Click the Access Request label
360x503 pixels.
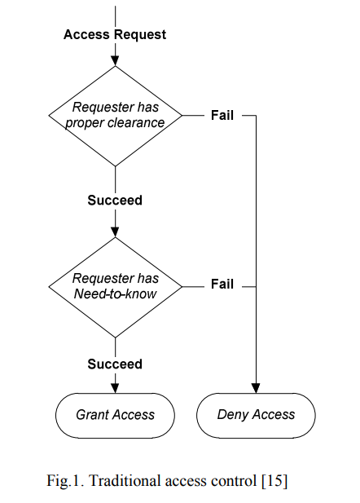pyautogui.click(x=115, y=34)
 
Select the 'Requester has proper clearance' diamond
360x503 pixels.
pyautogui.click(x=116, y=116)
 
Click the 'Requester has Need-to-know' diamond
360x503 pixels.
pyautogui.click(x=116, y=287)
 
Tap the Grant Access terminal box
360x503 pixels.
pyautogui.click(x=115, y=416)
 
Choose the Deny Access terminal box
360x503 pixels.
pyautogui.click(x=256, y=416)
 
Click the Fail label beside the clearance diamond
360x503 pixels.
pyautogui.click(x=222, y=116)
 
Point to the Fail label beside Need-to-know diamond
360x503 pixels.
pyautogui.click(x=222, y=285)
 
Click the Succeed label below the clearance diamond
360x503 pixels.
pyautogui.click(x=115, y=201)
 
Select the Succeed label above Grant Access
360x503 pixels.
pyautogui.click(x=115, y=364)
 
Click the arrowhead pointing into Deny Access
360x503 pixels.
pyautogui.click(x=256, y=388)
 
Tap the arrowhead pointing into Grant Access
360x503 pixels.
pyautogui.click(x=115, y=388)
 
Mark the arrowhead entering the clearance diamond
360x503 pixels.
pyautogui.click(x=115, y=60)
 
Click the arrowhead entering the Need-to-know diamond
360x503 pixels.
pyautogui.click(x=115, y=232)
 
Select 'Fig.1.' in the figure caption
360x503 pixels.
pyautogui.click(x=65, y=481)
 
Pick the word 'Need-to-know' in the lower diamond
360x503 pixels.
pyautogui.click(x=115, y=293)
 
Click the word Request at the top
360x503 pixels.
pyautogui.click(x=140, y=34)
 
